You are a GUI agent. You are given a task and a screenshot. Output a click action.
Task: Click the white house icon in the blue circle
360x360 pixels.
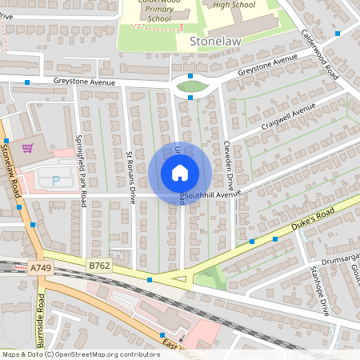180,173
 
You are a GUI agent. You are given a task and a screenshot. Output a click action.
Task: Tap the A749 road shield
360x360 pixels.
40,269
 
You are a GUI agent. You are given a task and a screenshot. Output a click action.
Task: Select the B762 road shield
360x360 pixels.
99,265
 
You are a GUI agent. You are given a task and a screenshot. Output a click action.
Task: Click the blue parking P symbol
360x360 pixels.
56,181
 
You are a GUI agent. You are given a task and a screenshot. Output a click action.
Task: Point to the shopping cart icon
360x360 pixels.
28,148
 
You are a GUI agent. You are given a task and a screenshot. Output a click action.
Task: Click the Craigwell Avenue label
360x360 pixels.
283,120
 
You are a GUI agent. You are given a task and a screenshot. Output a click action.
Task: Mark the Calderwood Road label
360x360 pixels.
321,56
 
